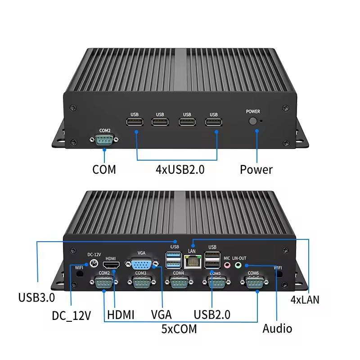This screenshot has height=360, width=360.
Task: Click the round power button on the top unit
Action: tap(253, 121)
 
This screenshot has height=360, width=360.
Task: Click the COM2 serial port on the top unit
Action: tap(104, 140)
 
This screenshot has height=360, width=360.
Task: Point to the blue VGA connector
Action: tap(141, 264)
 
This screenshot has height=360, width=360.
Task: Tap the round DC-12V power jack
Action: tap(94, 264)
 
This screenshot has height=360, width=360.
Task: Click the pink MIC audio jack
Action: tap(227, 265)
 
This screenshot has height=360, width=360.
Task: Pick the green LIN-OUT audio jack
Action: tap(239, 265)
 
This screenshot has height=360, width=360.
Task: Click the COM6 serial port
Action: tap(253, 282)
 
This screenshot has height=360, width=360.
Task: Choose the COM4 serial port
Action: tap(179, 282)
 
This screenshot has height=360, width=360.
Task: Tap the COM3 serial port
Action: tap(141, 282)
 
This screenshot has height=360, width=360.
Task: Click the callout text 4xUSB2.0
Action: tap(180, 170)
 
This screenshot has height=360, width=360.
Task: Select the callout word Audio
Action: tap(277, 328)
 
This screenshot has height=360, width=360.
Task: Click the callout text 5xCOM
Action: tap(179, 329)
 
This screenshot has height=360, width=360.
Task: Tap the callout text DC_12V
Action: tap(72, 315)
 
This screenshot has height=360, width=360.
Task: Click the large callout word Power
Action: tap(256, 170)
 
